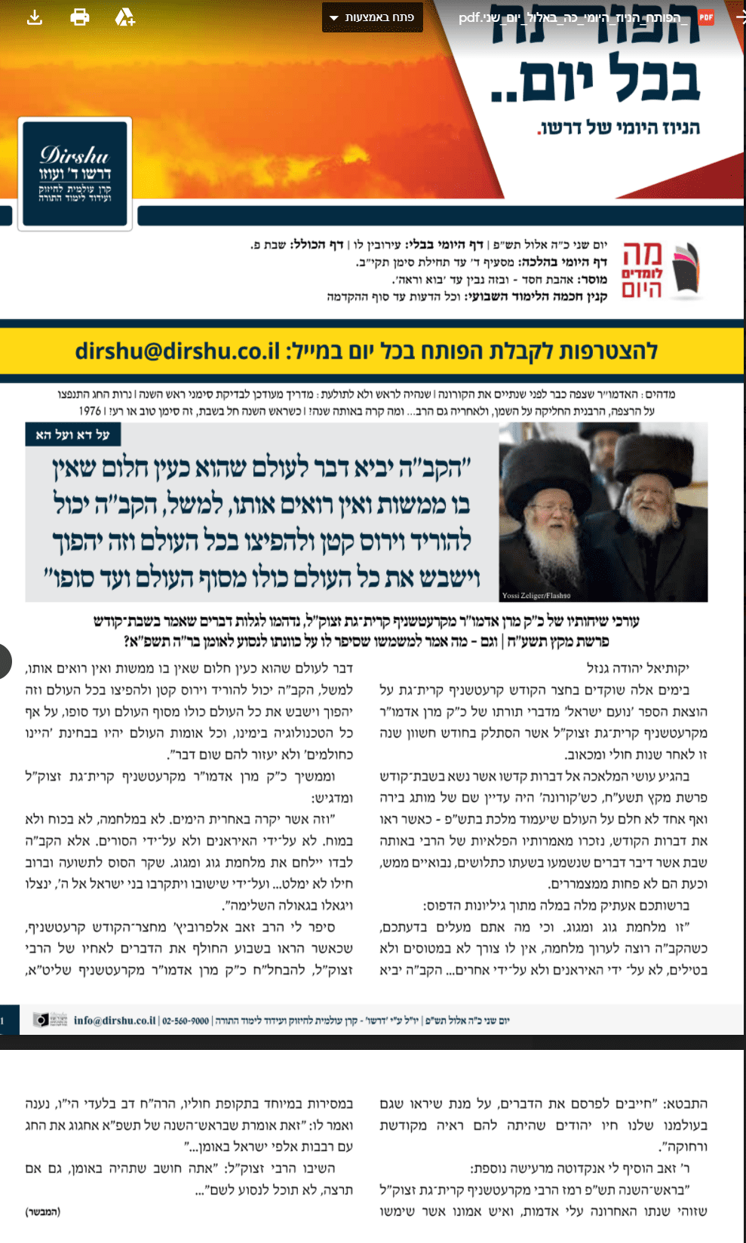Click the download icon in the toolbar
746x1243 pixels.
(35, 17)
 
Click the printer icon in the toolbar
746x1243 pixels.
(80, 17)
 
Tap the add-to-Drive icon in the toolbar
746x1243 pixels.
(124, 17)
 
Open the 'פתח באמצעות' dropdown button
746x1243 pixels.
(373, 17)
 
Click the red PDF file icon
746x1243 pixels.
(706, 17)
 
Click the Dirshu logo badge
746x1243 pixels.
(75, 174)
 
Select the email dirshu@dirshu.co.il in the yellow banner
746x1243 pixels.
(177, 351)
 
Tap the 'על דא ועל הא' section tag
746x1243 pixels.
(73, 434)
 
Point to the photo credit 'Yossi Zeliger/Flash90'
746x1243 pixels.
(536, 595)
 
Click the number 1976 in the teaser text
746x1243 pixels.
(90, 411)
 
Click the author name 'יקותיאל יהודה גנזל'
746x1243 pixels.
(637, 668)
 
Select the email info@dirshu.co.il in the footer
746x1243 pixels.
(115, 1020)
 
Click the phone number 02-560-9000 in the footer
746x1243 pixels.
(186, 1020)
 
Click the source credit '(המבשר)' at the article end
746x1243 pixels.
(43, 1211)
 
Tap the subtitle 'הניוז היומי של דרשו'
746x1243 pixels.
(619, 127)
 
